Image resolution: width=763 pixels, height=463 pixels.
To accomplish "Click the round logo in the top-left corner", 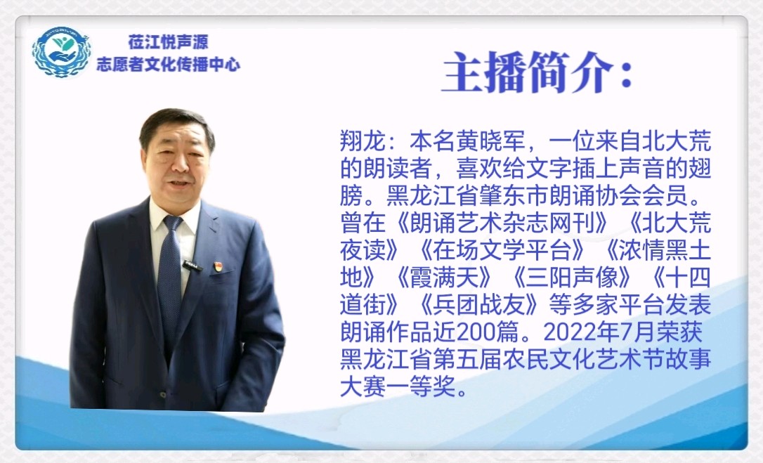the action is coord(61,52).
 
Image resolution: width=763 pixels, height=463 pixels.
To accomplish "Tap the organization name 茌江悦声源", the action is coord(169,42).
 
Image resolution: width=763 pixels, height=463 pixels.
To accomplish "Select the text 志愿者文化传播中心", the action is coord(169,64).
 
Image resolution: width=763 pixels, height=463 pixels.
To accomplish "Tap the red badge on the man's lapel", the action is coord(218,266).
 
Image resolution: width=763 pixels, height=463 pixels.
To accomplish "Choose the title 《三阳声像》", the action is coord(572,278).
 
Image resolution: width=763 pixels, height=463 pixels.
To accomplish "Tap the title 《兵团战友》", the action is coord(479,305).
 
